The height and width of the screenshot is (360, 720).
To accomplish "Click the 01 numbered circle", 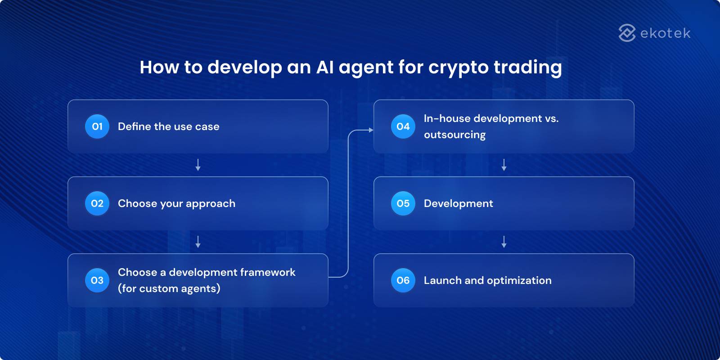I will (97, 126).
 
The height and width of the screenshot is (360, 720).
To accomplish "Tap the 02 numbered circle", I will (97, 203).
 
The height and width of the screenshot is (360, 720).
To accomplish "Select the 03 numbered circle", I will (97, 280).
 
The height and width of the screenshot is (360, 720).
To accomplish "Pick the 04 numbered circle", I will (403, 126).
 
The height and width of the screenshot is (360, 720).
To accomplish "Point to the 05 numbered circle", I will (403, 203).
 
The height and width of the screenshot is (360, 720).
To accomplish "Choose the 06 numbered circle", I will (403, 280).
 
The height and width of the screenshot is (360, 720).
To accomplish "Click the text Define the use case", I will (168, 126).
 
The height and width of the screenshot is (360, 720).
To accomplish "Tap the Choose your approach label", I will (176, 203).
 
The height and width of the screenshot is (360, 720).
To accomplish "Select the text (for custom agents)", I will (169, 288).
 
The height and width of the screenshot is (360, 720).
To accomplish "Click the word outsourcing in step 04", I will (454, 135).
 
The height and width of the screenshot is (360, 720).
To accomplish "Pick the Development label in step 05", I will (458, 203).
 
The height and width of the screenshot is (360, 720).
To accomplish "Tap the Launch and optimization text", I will (487, 280).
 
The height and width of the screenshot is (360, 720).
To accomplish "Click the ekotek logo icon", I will (627, 33).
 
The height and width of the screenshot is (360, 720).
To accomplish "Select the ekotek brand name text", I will (665, 33).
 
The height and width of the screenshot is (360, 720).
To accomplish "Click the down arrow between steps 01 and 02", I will (198, 165).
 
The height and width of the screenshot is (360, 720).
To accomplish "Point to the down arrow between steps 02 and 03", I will (198, 242).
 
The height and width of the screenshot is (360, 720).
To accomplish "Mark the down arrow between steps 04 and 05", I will (504, 165).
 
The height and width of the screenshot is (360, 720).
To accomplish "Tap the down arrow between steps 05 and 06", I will (504, 242).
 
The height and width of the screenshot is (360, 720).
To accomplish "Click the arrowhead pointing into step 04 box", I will (371, 130).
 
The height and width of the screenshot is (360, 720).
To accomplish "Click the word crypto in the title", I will (458, 67).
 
